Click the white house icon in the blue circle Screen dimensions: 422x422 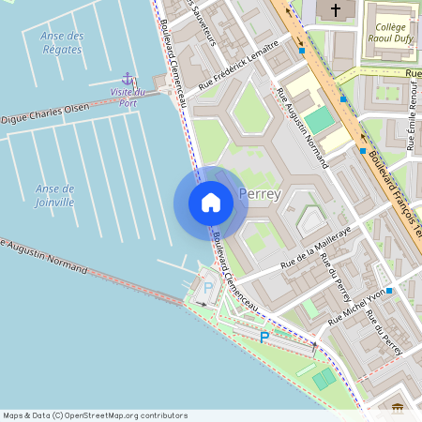click(211, 203)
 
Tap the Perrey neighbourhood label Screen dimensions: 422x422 click(260, 194)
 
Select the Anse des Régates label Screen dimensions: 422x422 click(63, 42)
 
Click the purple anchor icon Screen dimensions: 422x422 click(128, 79)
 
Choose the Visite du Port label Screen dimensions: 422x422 click(128, 97)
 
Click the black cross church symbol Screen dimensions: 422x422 click(336, 8)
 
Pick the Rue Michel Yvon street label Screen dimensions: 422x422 click(357, 307)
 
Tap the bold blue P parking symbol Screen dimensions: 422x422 click(264, 337)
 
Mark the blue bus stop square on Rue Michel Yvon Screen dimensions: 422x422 click(389, 291)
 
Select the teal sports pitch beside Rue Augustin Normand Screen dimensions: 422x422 click(320, 120)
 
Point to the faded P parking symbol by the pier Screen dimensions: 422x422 click(208, 288)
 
